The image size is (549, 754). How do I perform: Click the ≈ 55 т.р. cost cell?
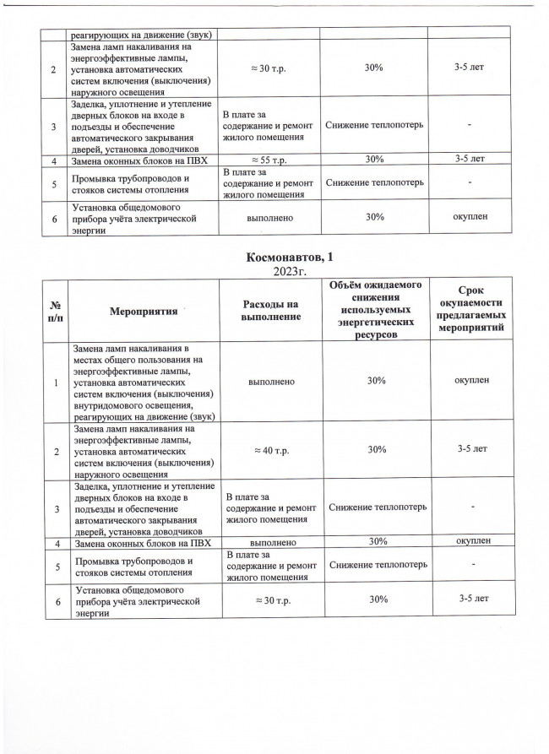[x=272, y=159]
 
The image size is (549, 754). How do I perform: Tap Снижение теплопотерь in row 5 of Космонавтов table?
[x=375, y=563]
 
